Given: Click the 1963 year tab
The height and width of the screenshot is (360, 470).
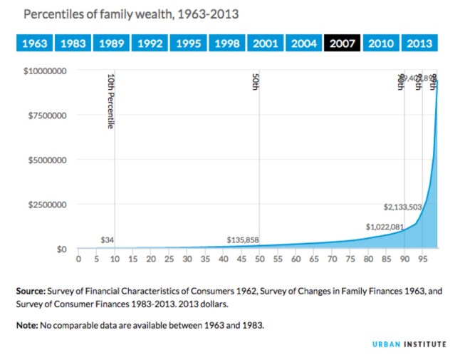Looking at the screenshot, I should coord(35,43).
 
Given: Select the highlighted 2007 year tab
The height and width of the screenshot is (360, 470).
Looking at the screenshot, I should coord(343,43).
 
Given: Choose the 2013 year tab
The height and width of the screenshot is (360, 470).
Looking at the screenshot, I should coord(419,43).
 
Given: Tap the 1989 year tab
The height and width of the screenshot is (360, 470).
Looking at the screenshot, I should coord(112,43).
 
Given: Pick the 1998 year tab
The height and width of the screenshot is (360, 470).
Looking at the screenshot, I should coord(227,43).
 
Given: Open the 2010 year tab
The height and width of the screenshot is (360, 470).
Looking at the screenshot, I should coord(381,43).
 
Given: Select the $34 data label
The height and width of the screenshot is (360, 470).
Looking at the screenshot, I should coord(107,240).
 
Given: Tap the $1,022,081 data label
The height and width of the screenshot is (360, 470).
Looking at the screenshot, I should coord(385,227).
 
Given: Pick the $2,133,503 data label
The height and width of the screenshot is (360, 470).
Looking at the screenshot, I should coord(403,207).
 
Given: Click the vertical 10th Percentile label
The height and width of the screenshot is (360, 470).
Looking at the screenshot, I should coord(110,101).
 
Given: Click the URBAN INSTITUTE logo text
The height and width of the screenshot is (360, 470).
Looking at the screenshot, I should coord(410,344).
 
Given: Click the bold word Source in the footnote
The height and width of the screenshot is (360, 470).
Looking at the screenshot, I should coord(33,291).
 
